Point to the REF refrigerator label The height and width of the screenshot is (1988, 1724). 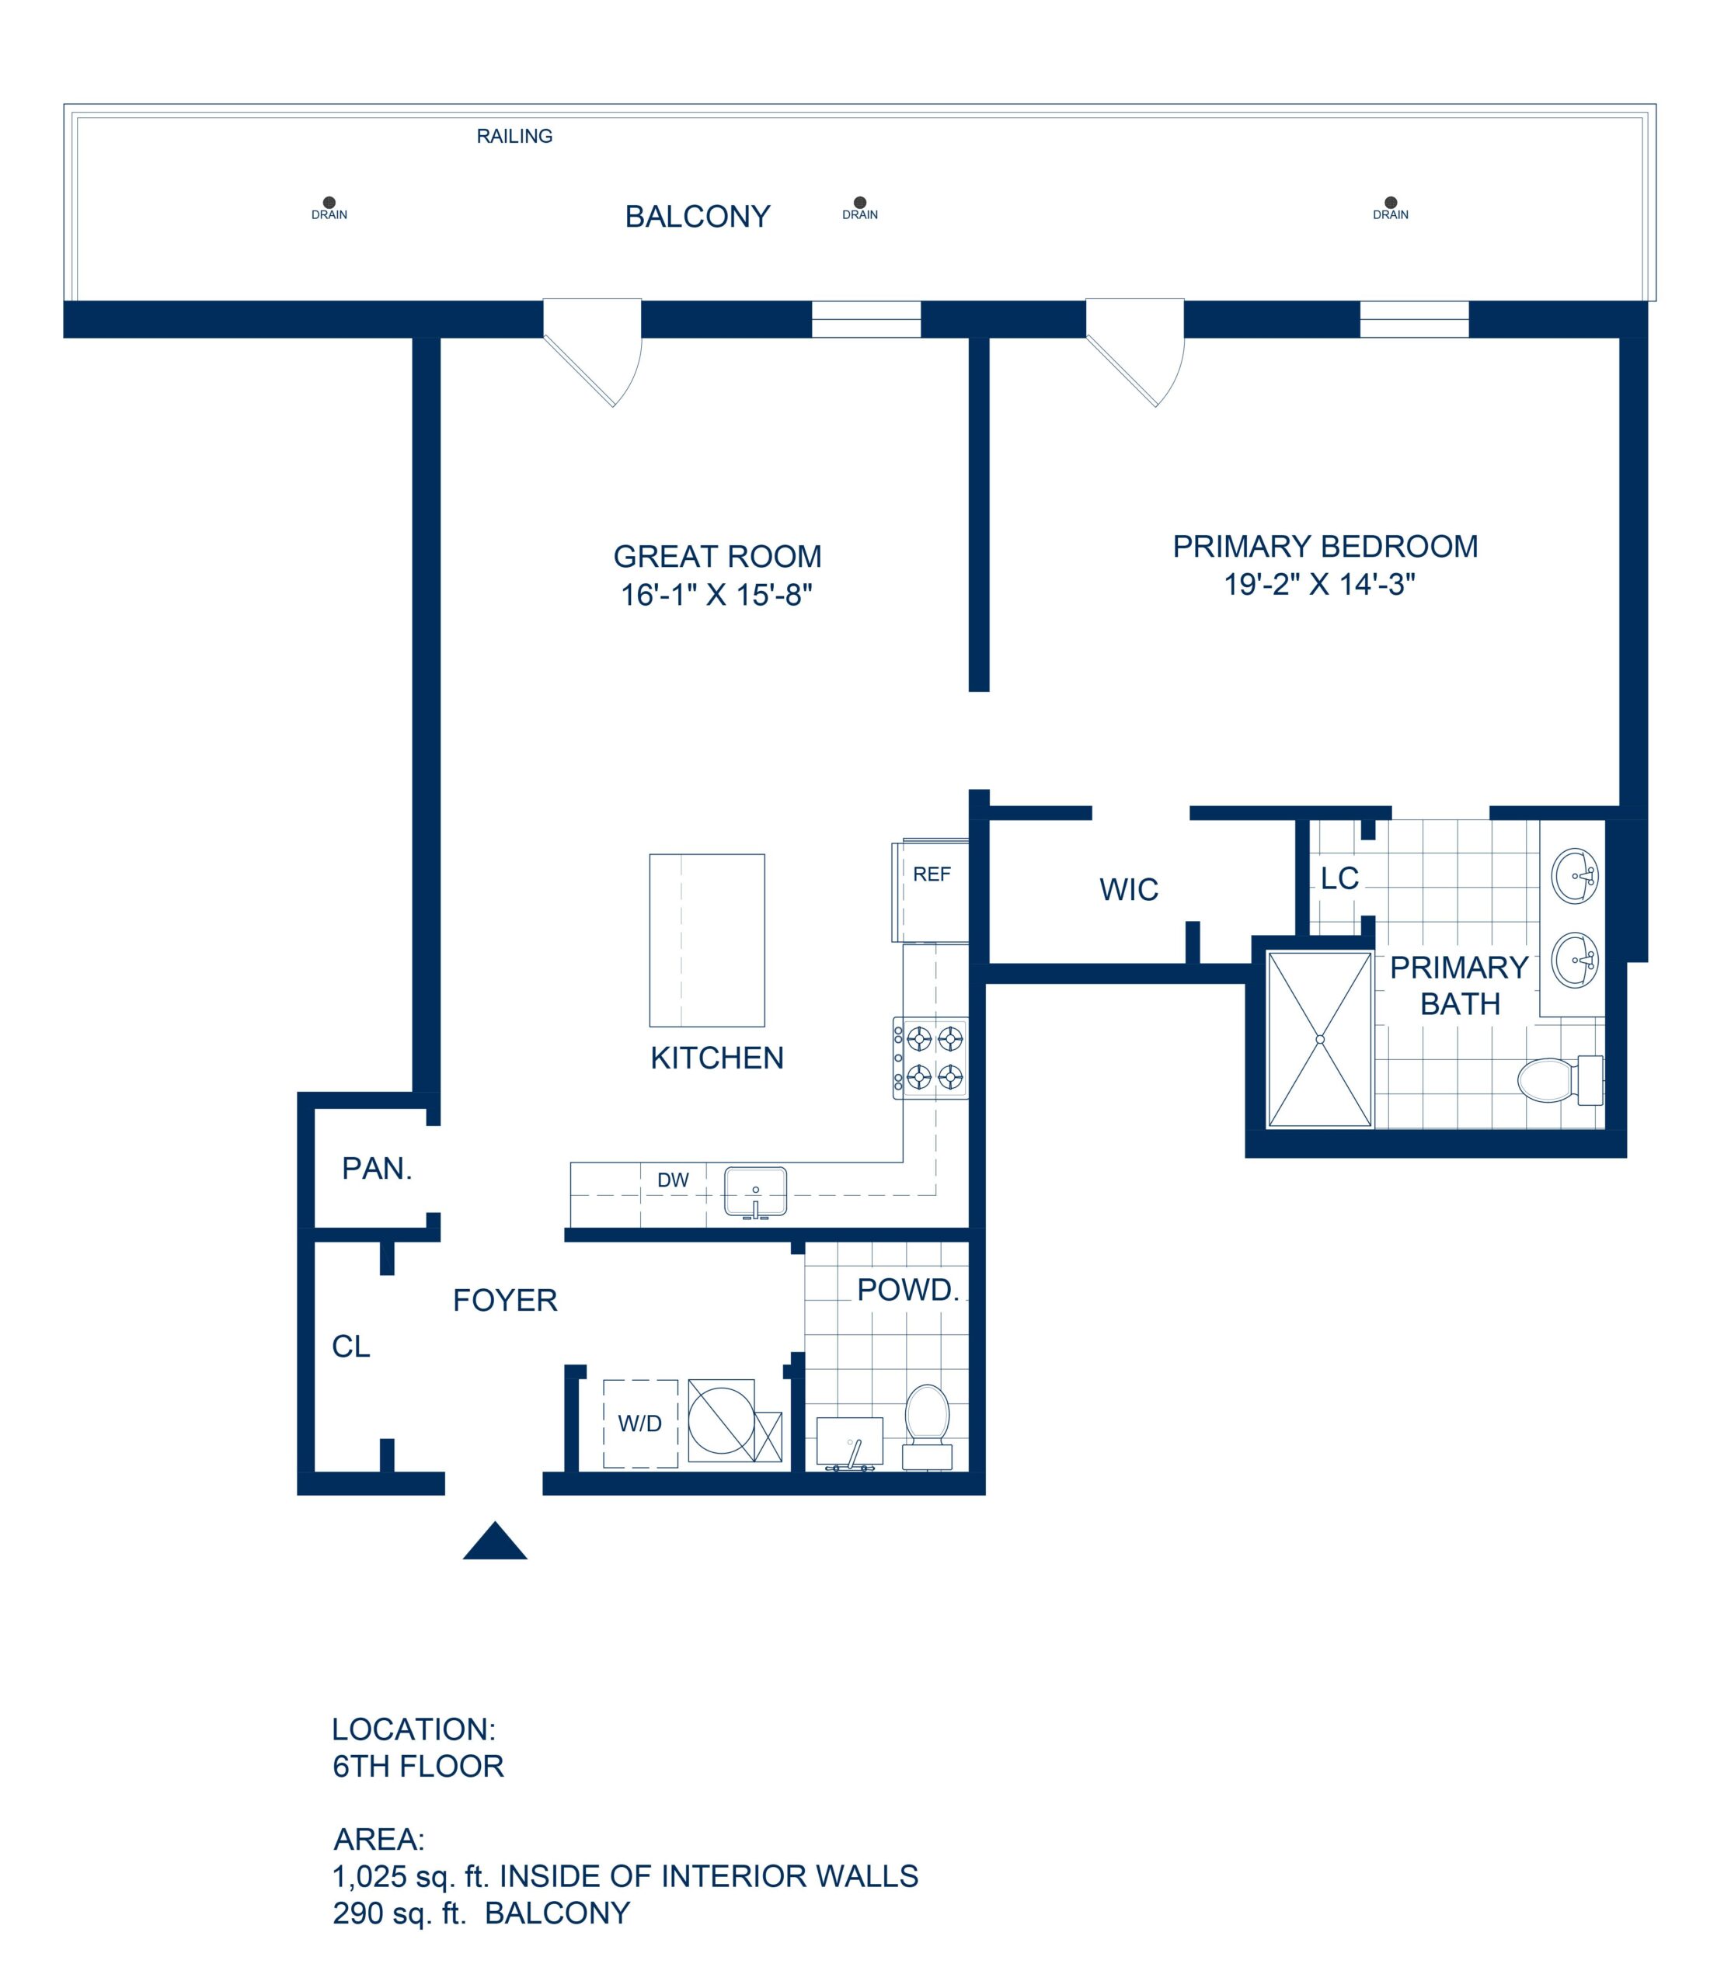(x=932, y=874)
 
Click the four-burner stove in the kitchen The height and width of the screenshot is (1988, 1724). (x=930, y=1058)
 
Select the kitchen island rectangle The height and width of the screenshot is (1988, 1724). (x=707, y=940)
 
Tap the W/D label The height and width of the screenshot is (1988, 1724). (x=639, y=1423)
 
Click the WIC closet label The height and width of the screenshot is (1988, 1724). (x=1129, y=890)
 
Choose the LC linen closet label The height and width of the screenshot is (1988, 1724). (x=1339, y=878)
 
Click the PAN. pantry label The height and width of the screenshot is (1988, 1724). (x=377, y=1169)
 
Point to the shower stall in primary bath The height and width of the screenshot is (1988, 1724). (x=1319, y=1039)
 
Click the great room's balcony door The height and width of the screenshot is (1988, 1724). (x=592, y=351)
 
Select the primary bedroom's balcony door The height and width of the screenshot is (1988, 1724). (x=1135, y=351)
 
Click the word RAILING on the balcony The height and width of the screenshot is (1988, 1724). (x=514, y=137)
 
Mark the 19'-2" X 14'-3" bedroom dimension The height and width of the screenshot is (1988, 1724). (x=1319, y=584)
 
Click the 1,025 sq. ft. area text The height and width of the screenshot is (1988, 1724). (x=625, y=1875)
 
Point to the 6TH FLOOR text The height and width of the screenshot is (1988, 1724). (x=419, y=1766)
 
